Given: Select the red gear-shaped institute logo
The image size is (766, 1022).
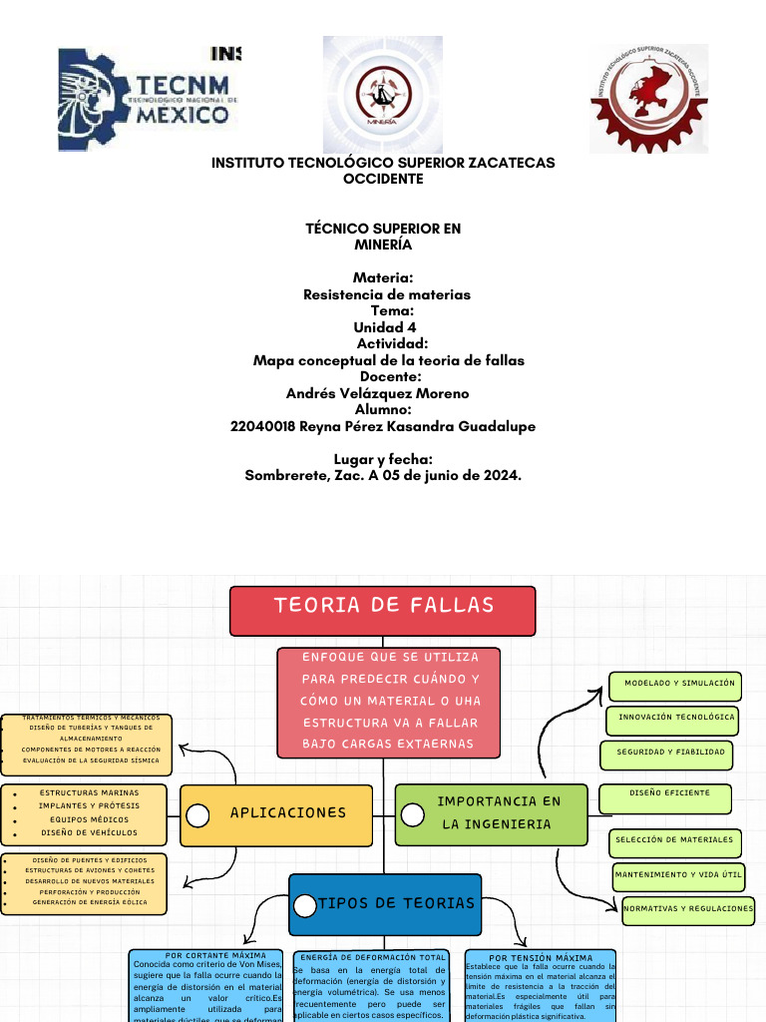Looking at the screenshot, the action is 648,98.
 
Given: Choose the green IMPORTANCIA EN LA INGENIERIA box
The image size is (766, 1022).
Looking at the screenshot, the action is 493,813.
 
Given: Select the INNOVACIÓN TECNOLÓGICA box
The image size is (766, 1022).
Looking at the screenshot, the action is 676,718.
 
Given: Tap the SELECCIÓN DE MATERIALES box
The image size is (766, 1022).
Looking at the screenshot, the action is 676,841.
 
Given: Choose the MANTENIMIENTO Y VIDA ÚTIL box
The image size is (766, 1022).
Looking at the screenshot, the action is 678,875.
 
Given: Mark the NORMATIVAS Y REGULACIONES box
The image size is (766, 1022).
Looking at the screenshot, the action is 688,909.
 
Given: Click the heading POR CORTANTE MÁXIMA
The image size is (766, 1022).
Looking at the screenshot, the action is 208,956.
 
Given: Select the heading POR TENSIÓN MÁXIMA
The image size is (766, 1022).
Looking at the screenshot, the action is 541,958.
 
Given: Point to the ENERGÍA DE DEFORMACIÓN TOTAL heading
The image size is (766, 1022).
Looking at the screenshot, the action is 373,957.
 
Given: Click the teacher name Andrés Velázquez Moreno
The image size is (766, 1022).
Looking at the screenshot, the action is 377,393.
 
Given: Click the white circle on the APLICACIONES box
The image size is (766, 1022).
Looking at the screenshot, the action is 197,816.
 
